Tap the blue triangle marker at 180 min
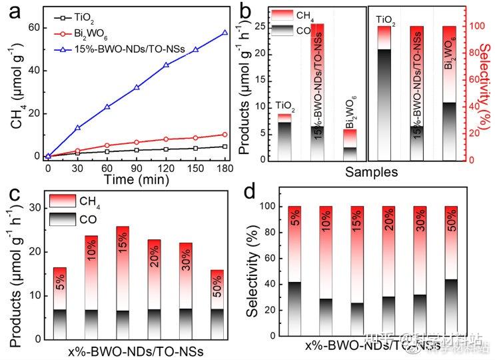tap(225, 32)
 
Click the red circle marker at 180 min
tap(225, 135)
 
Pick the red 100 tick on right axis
tap(472, 27)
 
